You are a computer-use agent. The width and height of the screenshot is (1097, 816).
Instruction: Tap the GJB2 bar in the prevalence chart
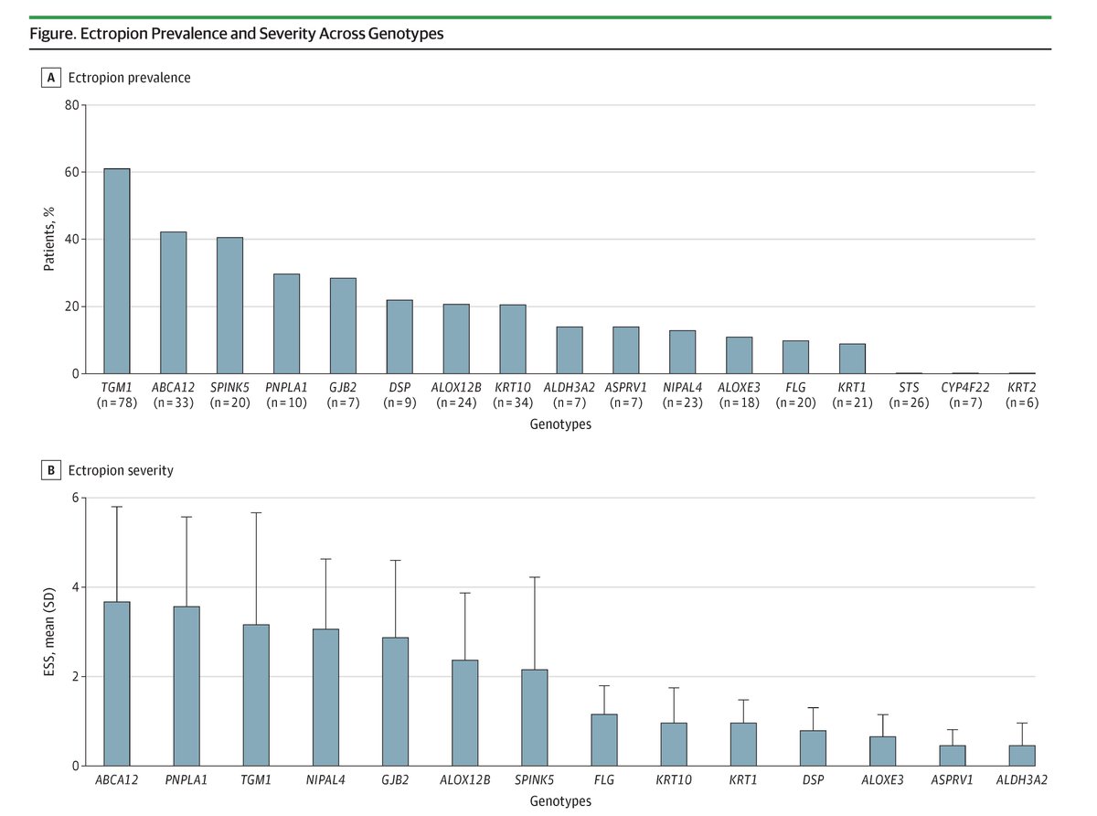click(343, 326)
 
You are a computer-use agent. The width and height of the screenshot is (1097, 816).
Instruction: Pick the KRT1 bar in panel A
click(852, 359)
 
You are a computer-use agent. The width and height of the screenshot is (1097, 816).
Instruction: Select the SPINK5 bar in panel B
click(534, 717)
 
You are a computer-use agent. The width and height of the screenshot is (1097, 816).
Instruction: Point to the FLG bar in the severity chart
click(603, 740)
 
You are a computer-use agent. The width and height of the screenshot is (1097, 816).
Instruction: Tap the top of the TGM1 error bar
click(256, 513)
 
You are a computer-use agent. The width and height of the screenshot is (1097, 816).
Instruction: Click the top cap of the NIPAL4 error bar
click(325, 559)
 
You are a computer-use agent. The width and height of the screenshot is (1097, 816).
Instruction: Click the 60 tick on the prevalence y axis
click(73, 172)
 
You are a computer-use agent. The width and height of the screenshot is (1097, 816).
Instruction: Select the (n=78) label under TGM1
click(116, 403)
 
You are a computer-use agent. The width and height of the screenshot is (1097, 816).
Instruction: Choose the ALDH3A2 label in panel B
click(1021, 780)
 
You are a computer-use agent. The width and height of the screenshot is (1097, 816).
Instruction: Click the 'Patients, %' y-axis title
click(49, 240)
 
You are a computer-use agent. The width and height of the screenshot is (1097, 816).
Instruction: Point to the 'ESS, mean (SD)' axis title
click(49, 632)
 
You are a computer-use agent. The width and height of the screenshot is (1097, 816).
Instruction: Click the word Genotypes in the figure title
click(407, 34)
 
